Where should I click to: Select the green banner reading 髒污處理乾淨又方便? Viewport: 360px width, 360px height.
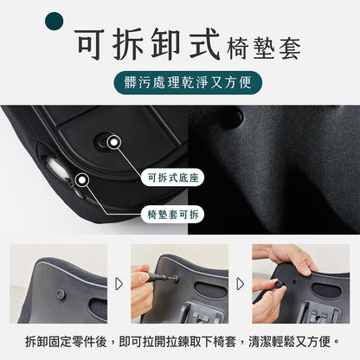[180, 85]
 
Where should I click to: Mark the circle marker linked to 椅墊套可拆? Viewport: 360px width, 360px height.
[83, 180]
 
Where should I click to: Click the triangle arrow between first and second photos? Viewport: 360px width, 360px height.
[119, 283]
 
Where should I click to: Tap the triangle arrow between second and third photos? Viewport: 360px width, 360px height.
[241, 283]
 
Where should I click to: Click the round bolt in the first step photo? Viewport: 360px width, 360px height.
[61, 294]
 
